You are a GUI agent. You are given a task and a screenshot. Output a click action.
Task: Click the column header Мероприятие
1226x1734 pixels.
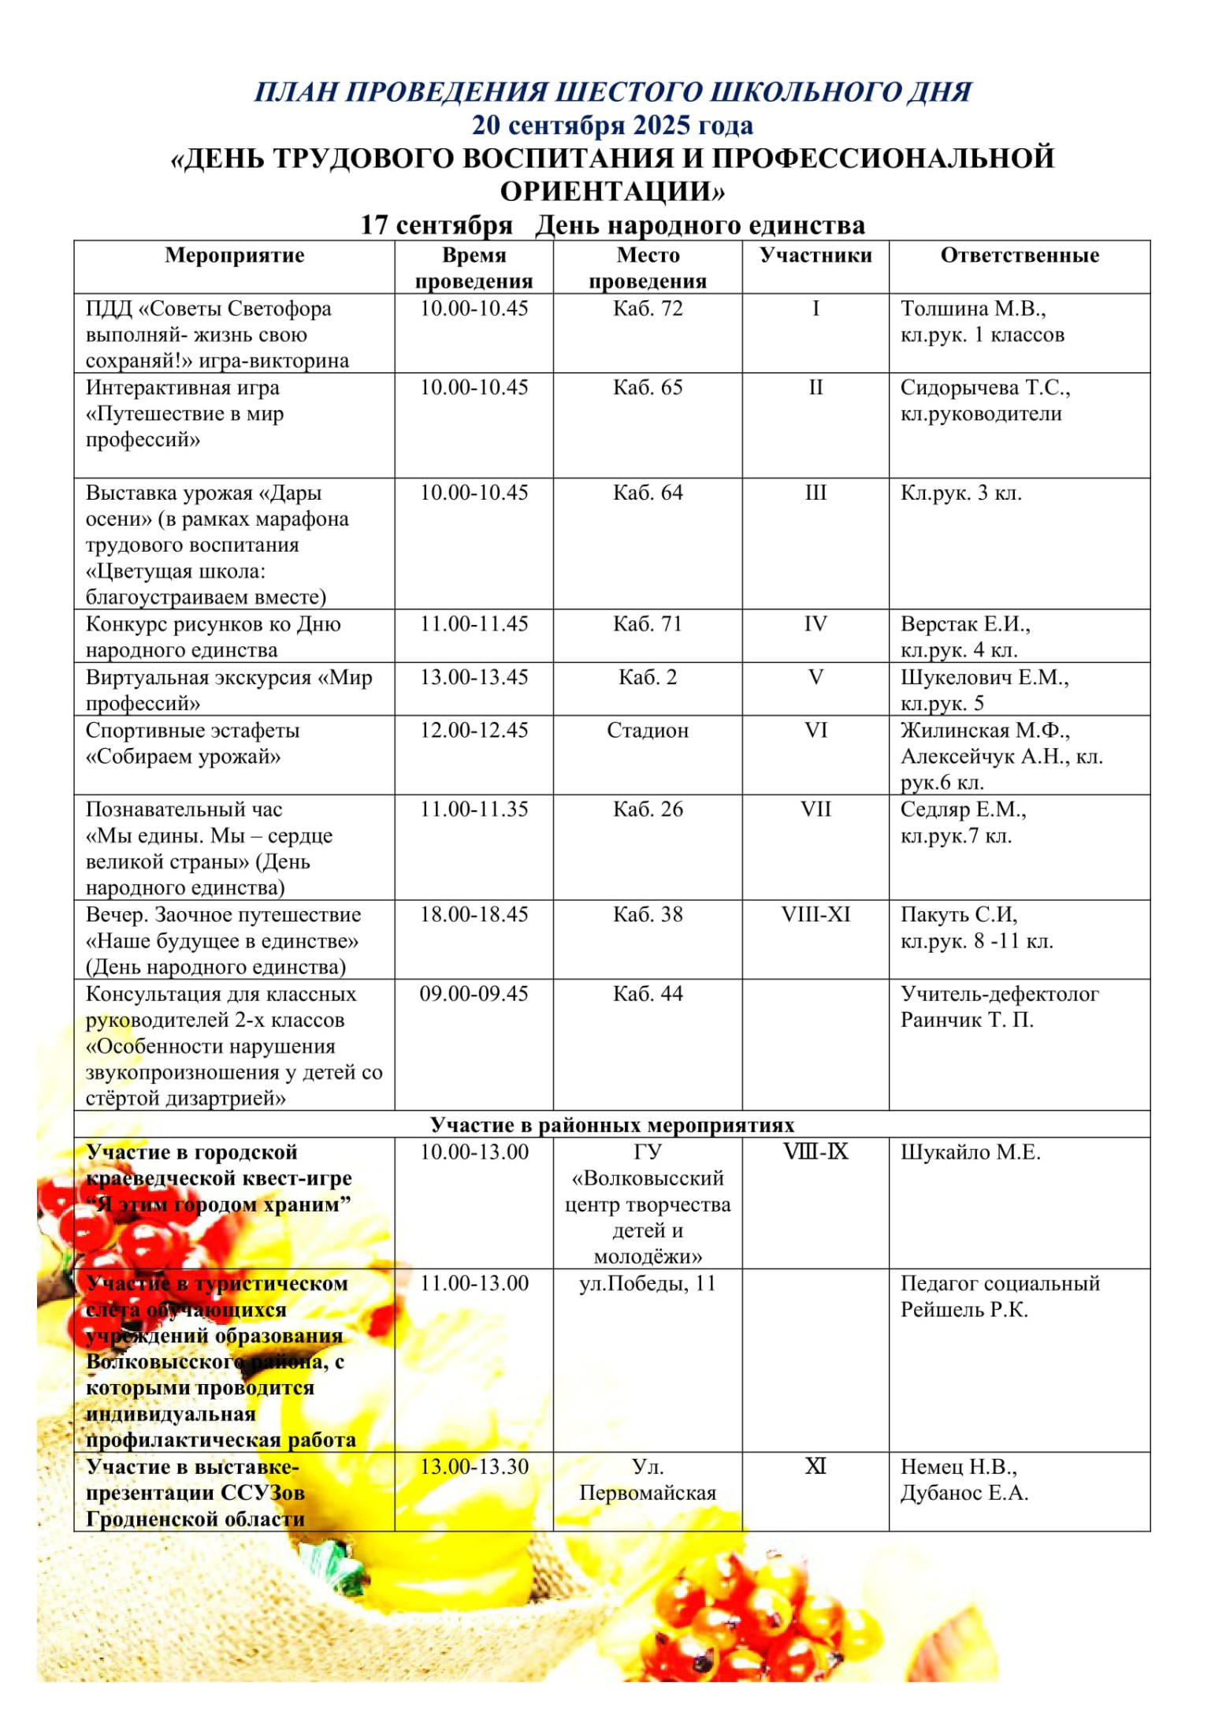(x=234, y=255)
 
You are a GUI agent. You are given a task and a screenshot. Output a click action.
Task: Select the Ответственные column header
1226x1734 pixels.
(x=1019, y=255)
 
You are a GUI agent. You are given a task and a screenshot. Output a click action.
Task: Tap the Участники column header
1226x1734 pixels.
(x=815, y=255)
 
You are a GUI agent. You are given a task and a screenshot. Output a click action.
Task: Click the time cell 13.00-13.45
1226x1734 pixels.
(x=474, y=677)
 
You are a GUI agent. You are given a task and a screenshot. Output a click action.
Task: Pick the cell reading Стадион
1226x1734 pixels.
(x=647, y=731)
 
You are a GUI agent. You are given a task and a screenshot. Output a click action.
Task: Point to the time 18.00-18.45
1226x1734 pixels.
(x=474, y=914)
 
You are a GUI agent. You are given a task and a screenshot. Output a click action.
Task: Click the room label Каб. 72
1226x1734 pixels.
(x=647, y=308)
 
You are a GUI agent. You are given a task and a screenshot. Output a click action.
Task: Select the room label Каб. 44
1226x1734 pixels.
(x=647, y=993)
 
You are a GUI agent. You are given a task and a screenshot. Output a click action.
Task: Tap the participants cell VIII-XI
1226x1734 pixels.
(x=815, y=914)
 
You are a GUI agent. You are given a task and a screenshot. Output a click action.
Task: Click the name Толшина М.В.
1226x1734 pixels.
(x=972, y=308)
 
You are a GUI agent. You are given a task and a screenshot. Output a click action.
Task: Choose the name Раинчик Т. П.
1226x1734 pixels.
(x=967, y=1020)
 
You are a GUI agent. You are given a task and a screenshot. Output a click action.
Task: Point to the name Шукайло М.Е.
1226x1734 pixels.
(x=970, y=1152)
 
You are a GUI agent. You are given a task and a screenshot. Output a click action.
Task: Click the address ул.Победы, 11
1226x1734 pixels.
(x=647, y=1283)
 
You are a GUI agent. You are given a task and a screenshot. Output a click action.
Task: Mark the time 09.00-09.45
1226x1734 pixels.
(x=474, y=993)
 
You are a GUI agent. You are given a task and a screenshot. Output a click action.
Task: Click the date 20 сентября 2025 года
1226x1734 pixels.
(x=612, y=125)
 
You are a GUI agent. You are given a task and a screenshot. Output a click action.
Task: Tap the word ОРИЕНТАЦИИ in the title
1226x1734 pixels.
(x=612, y=192)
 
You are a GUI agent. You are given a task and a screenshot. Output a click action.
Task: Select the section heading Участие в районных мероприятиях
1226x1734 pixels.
(x=612, y=1125)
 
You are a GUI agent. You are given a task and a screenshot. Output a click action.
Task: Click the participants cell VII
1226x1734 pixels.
(x=815, y=809)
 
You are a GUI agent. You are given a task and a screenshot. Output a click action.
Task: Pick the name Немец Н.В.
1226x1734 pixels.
(x=958, y=1467)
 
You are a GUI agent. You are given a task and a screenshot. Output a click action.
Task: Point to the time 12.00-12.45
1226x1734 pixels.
(x=474, y=731)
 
